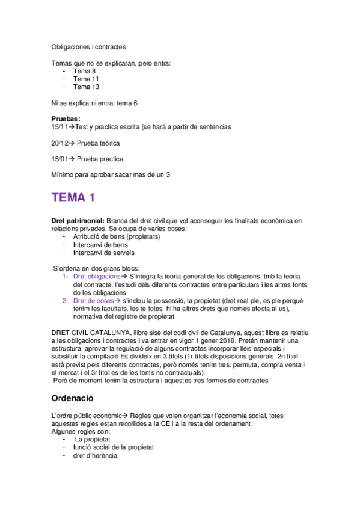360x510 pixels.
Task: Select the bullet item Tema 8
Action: tap(84, 70)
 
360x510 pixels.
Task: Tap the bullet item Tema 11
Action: tap(86, 79)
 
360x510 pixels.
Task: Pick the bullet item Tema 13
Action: tap(86, 87)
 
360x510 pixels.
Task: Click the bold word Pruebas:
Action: tap(66, 119)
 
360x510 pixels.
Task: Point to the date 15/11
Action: tap(60, 127)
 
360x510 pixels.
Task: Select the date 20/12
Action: tap(60, 143)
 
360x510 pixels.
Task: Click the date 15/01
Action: tap(60, 159)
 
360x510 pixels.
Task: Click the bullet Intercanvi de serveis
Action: tap(104, 253)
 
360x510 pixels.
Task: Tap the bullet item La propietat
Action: tap(91, 439)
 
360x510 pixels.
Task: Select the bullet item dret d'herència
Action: tap(95, 455)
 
